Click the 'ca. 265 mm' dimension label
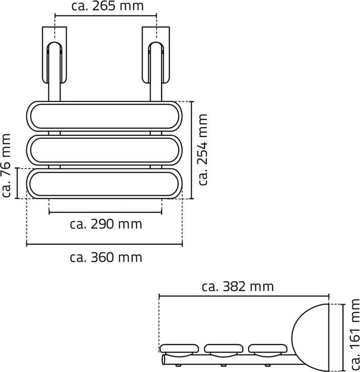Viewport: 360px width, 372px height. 106,6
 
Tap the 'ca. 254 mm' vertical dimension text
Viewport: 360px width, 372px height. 202,150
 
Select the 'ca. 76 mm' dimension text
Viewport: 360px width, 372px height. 6,166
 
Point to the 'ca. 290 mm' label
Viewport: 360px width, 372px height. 106,224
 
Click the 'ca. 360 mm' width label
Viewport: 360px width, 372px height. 105,257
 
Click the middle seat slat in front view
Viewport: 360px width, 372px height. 105,150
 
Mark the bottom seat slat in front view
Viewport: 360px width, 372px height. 105,183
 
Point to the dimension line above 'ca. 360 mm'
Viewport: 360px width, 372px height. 105,244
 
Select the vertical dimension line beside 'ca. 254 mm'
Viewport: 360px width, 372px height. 192,150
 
